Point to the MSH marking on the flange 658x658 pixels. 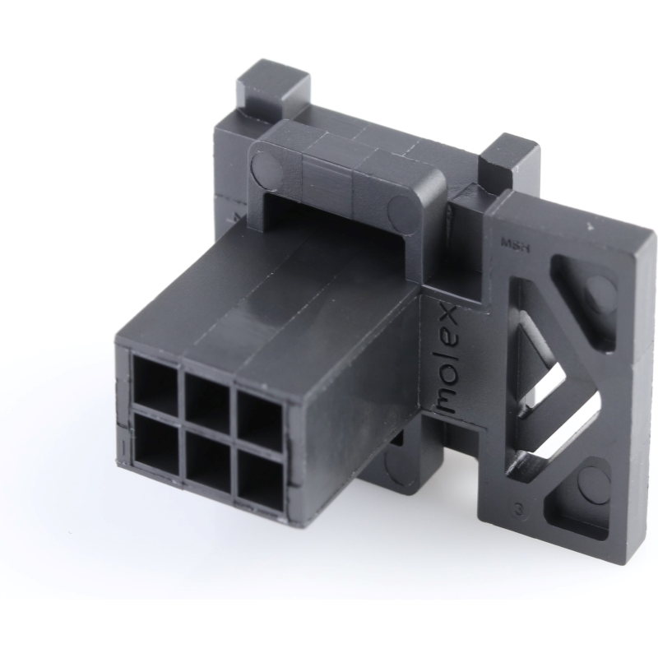(x=514, y=243)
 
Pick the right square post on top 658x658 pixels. (x=508, y=161)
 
